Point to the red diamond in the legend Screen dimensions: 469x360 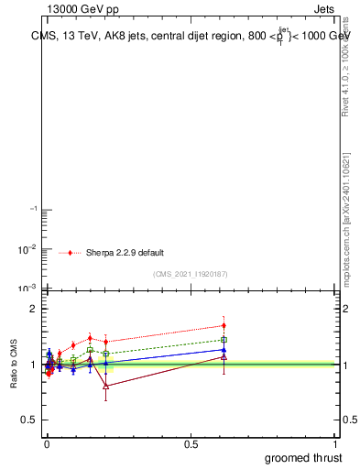click(71, 252)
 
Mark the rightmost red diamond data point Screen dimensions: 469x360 click(224, 325)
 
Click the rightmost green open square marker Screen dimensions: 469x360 click(224, 340)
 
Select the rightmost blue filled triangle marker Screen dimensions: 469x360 click(224, 349)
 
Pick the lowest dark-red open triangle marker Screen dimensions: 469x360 click(106, 386)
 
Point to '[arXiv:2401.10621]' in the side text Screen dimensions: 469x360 click(345, 183)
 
